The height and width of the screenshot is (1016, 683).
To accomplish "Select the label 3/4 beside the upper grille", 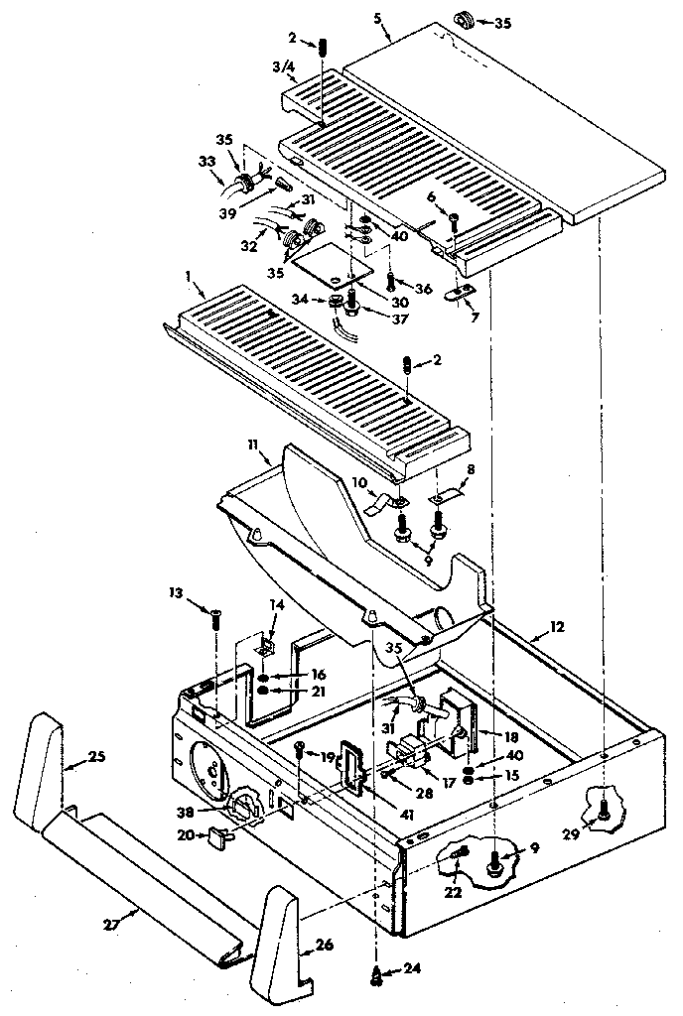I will (283, 66).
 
